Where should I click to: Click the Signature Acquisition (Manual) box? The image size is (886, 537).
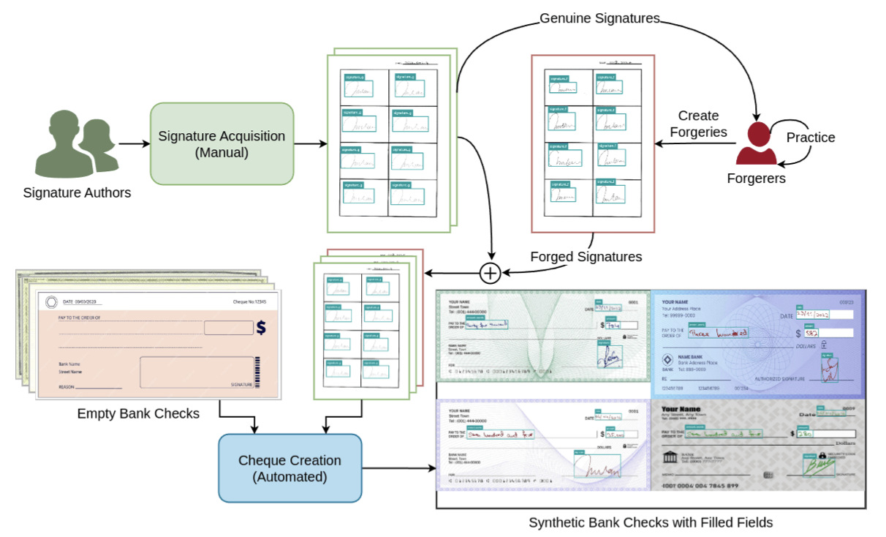point(221,143)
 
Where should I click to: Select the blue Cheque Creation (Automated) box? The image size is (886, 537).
point(289,468)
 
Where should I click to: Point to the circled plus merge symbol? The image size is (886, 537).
point(490,273)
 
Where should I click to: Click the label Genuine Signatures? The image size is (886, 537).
point(599,18)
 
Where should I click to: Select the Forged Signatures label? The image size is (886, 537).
point(586,257)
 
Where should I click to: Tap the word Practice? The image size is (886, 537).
point(811,138)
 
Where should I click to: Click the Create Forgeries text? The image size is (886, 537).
point(698,124)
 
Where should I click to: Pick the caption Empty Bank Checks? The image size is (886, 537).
point(138,413)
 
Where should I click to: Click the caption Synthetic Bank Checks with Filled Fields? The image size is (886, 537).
point(651,522)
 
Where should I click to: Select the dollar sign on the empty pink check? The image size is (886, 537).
point(261,327)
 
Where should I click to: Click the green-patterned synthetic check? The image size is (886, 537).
point(542,336)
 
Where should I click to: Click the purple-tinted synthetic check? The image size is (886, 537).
point(542,445)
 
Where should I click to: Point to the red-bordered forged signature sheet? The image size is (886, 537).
point(593,143)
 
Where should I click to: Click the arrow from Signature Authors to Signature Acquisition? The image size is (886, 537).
point(134,143)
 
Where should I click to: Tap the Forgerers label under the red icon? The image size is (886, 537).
point(755,178)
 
